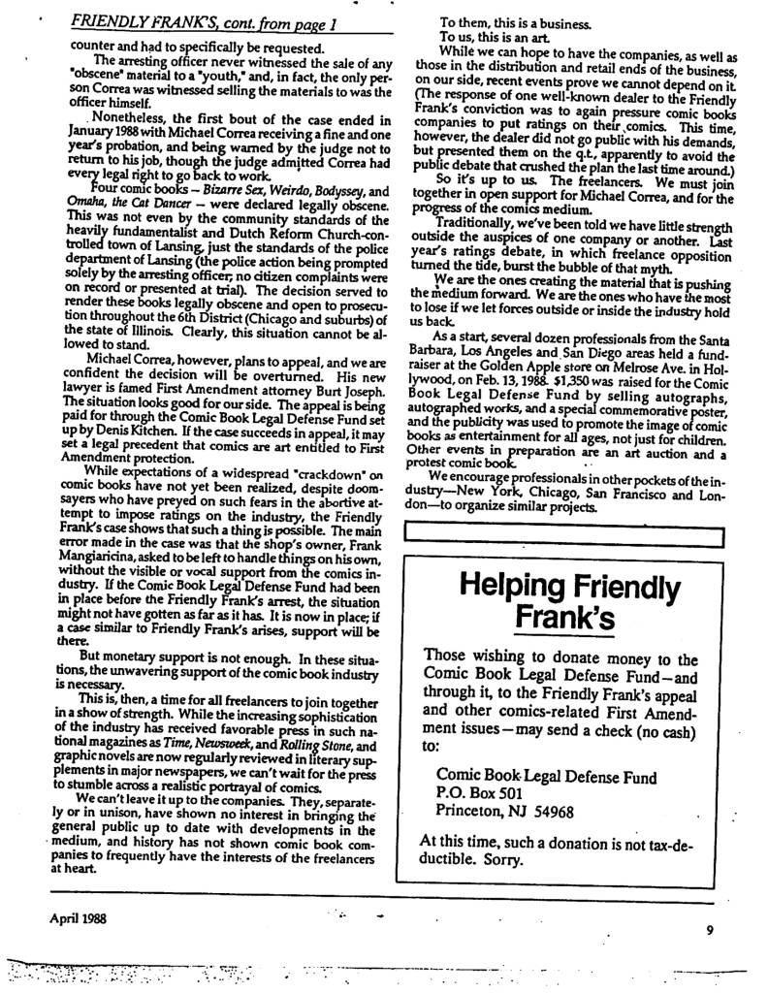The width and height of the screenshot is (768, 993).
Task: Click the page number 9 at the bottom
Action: (x=710, y=930)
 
